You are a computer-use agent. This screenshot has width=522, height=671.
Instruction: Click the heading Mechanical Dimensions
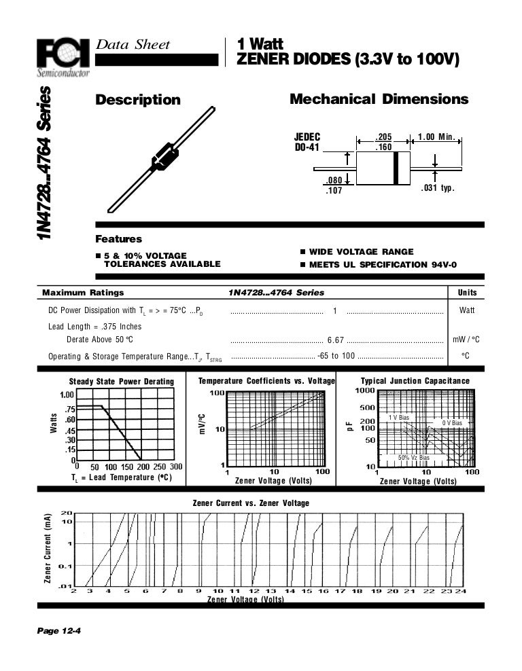(379, 99)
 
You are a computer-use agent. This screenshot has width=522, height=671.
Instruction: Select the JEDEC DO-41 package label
(307, 141)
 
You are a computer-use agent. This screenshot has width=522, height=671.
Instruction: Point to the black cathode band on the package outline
(395, 168)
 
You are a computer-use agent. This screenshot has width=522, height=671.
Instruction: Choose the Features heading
(119, 239)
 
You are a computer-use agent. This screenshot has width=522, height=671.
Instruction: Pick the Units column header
(467, 293)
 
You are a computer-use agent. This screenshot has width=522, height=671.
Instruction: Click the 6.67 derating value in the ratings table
(336, 339)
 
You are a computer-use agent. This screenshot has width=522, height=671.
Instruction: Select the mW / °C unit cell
(466, 339)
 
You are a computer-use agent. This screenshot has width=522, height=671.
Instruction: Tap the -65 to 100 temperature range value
(336, 356)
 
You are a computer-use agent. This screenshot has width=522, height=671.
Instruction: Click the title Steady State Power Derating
(122, 382)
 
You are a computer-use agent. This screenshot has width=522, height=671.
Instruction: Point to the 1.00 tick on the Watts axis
(67, 395)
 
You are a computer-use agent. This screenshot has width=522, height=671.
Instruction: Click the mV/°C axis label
(202, 424)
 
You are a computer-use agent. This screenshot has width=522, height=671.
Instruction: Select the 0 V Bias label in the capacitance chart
(452, 423)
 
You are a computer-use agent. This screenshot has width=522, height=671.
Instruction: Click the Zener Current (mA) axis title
(48, 549)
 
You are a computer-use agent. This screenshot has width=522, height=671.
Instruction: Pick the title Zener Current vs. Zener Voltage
(251, 503)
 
